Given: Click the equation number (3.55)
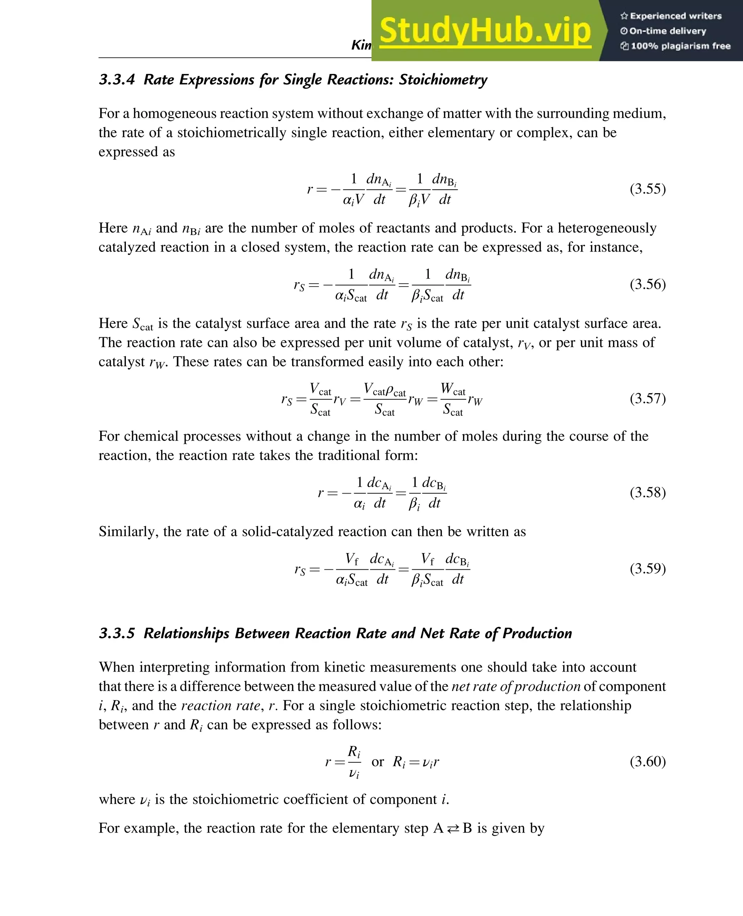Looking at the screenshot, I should point(647,189).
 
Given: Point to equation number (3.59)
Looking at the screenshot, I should point(647,569).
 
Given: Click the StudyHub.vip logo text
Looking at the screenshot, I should point(485,31).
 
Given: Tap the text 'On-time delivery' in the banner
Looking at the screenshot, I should point(667,31).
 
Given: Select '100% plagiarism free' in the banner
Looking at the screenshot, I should point(680,46).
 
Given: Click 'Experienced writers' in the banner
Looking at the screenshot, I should point(676,16).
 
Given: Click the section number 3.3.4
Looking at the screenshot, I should point(117,79).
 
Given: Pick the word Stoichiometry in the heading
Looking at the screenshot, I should point(443,79).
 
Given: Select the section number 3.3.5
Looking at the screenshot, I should point(117,633).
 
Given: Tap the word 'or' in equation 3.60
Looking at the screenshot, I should point(378,762).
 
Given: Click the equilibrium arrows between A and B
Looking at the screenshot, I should point(453,829).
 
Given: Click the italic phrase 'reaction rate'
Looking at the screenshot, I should point(221,706).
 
